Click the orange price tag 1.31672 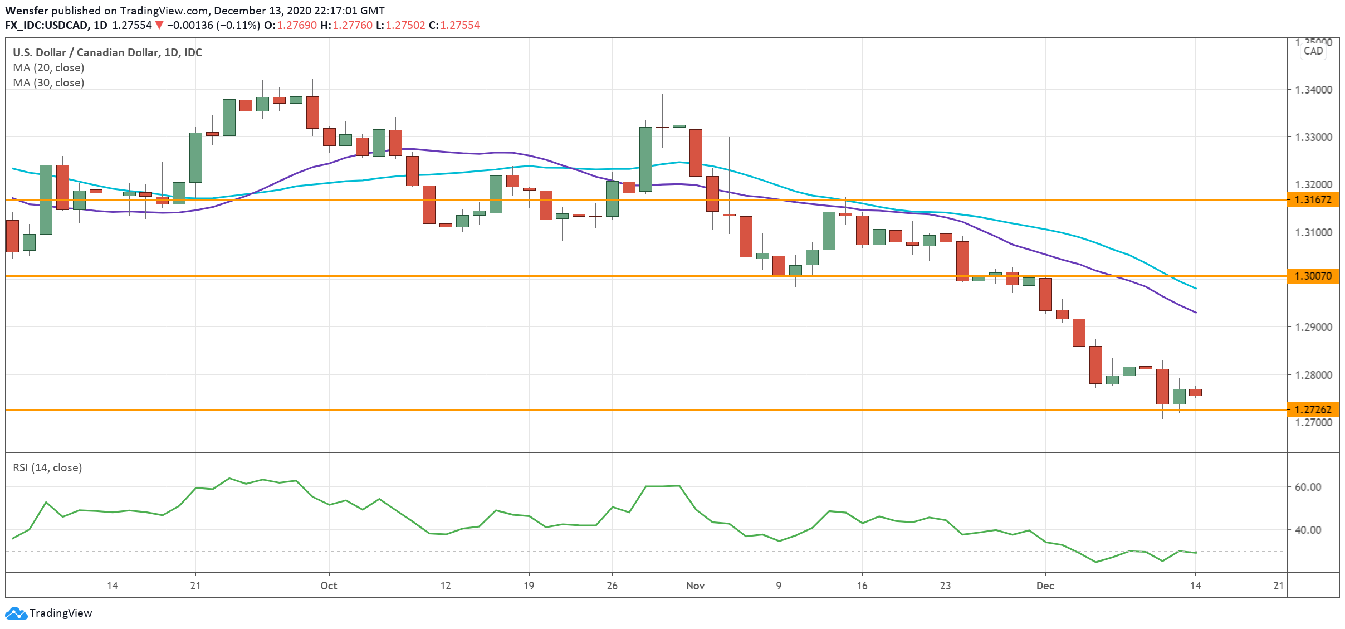(1313, 199)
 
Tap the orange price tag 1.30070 (1313, 276)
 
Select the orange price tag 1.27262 (1313, 409)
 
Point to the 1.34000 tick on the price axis (1313, 90)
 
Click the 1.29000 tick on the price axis (1313, 327)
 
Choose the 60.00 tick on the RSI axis (1308, 487)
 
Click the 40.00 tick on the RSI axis (1308, 530)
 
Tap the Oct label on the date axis (329, 586)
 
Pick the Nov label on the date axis (695, 586)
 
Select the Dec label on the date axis (1045, 586)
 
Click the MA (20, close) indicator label (48, 67)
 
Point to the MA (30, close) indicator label (48, 82)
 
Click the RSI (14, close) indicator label (47, 467)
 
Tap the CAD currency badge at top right (1313, 51)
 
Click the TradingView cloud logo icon (16, 613)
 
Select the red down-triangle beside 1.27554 (159, 25)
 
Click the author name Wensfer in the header (27, 11)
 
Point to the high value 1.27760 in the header (352, 25)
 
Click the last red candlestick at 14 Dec (1195, 392)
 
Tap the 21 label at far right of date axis (1278, 586)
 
